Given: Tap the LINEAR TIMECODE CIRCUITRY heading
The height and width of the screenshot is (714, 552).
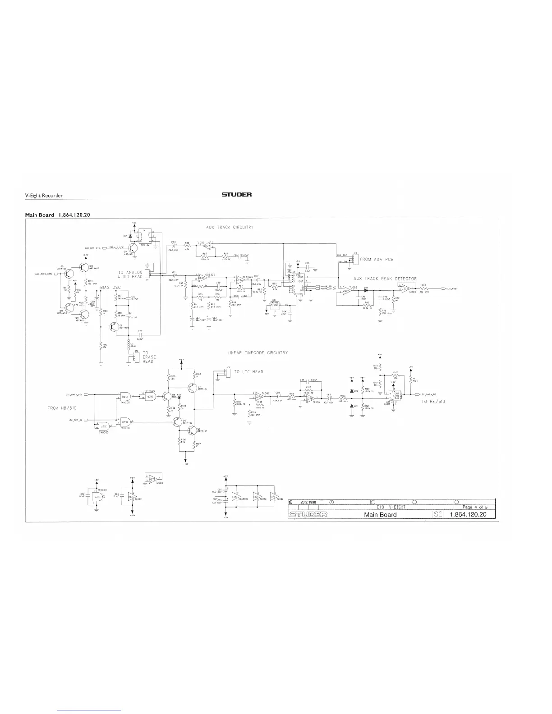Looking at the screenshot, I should (258, 352).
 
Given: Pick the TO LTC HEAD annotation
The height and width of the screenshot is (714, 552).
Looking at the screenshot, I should (249, 372).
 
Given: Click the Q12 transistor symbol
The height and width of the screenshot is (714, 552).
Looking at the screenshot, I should (84, 267).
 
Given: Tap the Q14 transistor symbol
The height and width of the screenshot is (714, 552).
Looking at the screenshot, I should (133, 247).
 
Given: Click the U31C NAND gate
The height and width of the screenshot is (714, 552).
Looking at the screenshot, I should (104, 426).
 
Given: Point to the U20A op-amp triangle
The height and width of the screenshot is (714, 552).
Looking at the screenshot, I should (346, 290).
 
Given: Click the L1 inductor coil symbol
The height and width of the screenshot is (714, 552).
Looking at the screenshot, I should (129, 344).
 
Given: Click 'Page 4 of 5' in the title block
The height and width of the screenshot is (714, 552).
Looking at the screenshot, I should (472, 507).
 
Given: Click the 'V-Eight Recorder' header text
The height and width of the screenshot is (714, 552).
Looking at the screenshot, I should (43, 196).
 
